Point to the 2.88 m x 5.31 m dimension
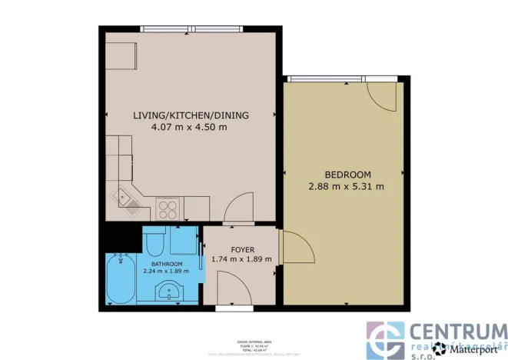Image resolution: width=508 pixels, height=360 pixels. (x=345, y=186)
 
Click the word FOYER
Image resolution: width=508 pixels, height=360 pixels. (x=241, y=248)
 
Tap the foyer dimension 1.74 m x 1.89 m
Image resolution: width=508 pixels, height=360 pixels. (x=241, y=259)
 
